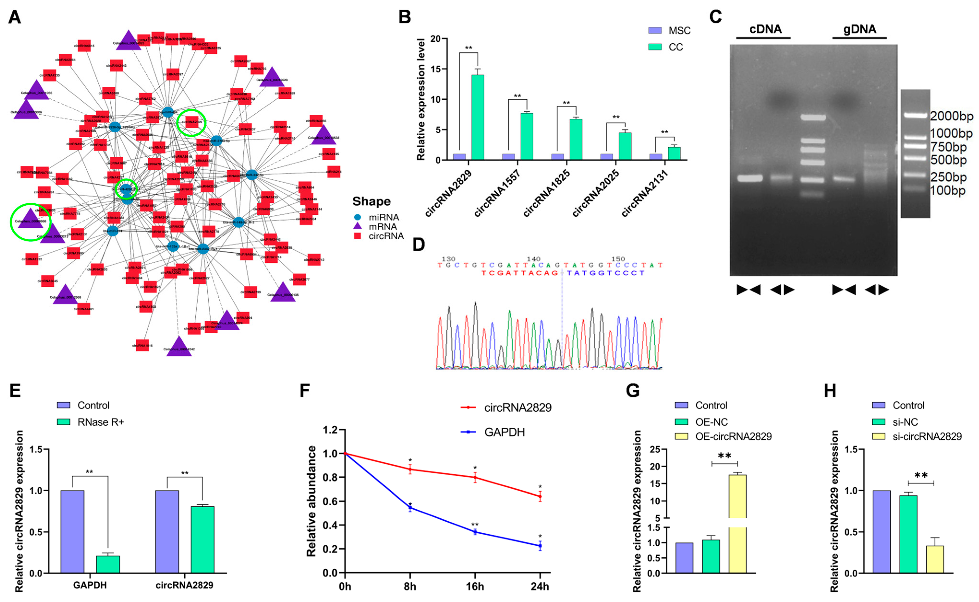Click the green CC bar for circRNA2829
478,118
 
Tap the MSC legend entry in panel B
679,31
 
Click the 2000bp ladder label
951,116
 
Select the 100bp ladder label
948,191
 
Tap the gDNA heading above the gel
859,29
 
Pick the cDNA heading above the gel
765,29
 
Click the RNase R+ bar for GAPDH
108,564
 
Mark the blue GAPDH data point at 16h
475,532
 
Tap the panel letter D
418,244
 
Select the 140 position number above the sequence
533,259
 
